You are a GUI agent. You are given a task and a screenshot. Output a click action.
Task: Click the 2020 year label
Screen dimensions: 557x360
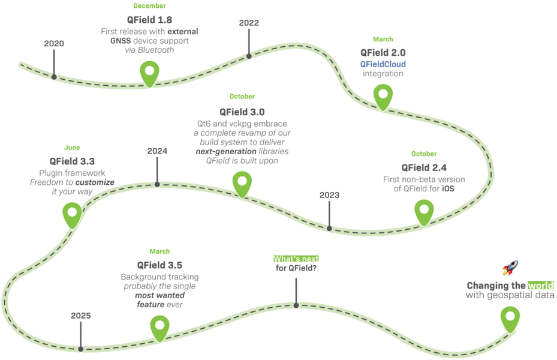(x=54, y=43)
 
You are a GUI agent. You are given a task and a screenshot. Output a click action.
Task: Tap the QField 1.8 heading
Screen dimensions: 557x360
(x=149, y=20)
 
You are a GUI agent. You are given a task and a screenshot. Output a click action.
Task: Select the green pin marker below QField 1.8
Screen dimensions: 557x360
(x=149, y=74)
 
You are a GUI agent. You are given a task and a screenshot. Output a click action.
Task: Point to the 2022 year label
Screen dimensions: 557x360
(x=249, y=23)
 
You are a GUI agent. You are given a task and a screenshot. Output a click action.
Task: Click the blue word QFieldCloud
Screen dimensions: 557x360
(x=383, y=64)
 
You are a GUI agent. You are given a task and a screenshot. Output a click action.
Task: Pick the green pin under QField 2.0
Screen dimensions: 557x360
(x=383, y=97)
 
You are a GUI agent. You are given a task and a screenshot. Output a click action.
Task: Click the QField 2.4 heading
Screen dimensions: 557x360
(x=424, y=168)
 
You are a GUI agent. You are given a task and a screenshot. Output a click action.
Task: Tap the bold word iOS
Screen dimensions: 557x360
(x=448, y=189)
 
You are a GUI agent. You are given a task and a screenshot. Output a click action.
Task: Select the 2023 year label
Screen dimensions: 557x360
(x=329, y=195)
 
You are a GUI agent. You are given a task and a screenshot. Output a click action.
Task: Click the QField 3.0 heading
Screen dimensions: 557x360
(x=242, y=112)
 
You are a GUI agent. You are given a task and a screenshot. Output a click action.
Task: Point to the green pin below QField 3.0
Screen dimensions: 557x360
(x=242, y=184)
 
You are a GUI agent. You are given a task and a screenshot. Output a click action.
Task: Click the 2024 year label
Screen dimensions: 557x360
(x=157, y=151)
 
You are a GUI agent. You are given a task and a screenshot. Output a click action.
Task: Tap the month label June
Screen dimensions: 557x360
(x=72, y=148)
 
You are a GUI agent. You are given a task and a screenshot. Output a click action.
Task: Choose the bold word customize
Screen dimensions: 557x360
(x=95, y=182)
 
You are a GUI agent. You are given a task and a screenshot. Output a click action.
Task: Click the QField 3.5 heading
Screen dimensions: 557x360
(x=159, y=265)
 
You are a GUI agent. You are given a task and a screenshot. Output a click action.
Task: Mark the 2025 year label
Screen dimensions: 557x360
(x=80, y=316)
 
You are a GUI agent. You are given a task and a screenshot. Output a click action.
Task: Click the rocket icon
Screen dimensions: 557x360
(x=510, y=268)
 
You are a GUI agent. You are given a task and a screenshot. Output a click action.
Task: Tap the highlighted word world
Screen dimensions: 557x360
(x=540, y=286)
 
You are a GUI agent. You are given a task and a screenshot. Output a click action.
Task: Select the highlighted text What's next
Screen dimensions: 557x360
(x=296, y=259)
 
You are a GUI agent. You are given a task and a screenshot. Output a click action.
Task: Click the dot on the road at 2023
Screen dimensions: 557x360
(x=329, y=229)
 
